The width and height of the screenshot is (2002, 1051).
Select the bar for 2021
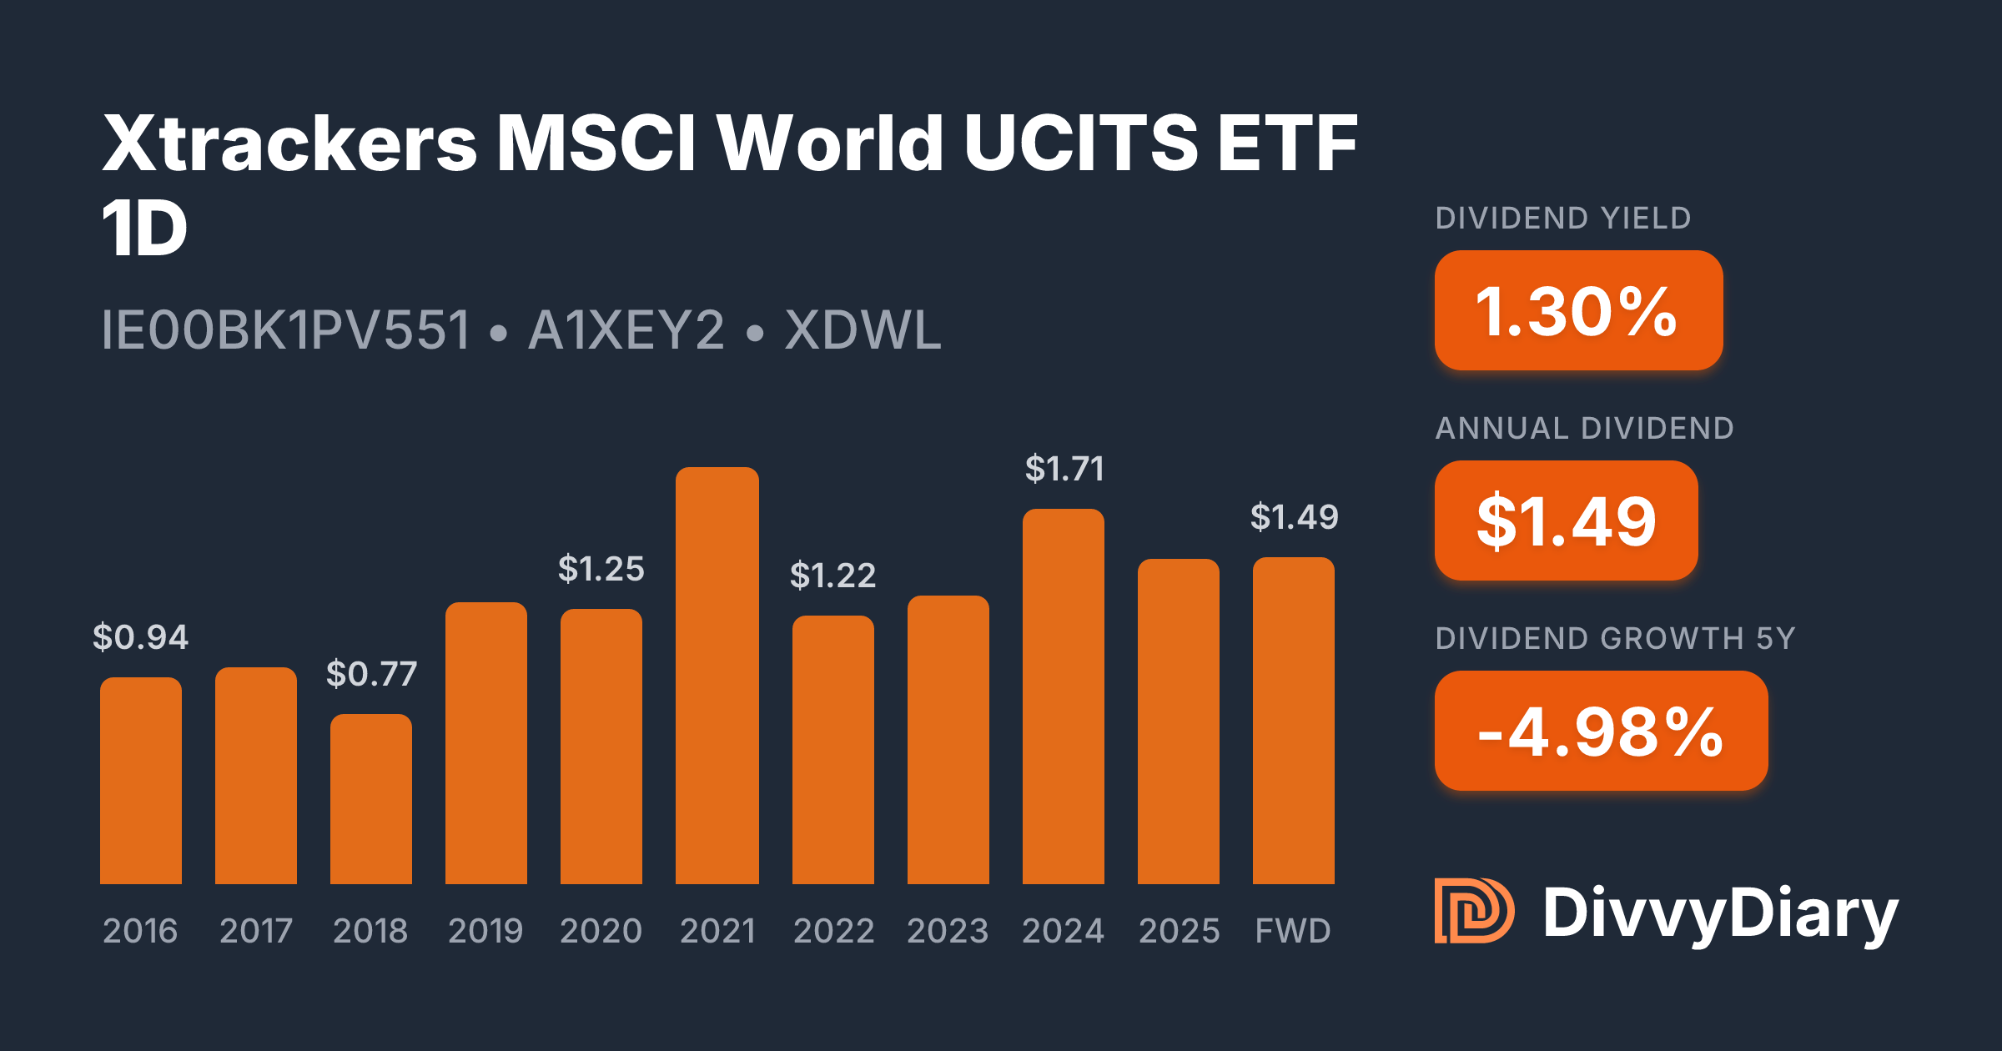tap(717, 676)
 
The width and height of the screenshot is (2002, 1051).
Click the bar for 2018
tap(371, 799)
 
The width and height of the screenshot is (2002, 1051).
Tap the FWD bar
tap(1294, 721)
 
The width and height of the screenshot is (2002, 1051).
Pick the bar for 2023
tap(948, 740)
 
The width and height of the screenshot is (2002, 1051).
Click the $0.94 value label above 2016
tap(141, 637)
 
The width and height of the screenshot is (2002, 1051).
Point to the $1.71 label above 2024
tap(1064, 469)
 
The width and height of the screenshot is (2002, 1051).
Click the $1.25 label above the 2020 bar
tap(601, 569)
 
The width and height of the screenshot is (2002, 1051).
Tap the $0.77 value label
tap(371, 674)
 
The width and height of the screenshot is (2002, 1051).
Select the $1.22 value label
tap(833, 576)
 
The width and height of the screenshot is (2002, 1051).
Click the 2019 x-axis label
tap(485, 931)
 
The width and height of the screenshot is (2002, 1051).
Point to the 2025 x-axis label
tap(1179, 931)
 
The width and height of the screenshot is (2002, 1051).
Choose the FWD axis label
tap(1294, 931)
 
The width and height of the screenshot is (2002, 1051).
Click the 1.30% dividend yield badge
tap(1578, 310)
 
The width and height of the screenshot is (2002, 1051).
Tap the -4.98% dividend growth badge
tap(1601, 731)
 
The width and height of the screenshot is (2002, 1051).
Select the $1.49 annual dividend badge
tap(1566, 520)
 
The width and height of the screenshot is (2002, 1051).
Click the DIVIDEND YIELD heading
tap(1563, 219)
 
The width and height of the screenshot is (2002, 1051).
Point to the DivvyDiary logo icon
tap(1473, 911)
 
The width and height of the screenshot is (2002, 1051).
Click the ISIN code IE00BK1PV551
tap(286, 330)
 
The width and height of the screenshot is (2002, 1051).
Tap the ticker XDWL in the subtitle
tap(863, 330)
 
